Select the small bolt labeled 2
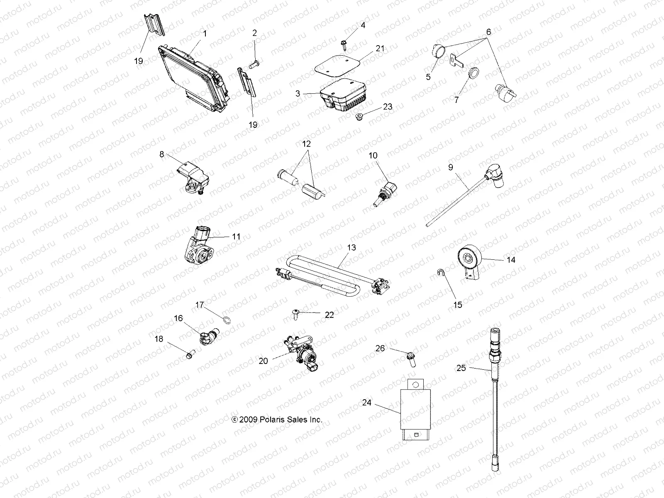click(254, 64)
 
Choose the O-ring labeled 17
click(214, 319)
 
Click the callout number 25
click(461, 368)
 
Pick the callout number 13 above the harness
click(351, 248)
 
